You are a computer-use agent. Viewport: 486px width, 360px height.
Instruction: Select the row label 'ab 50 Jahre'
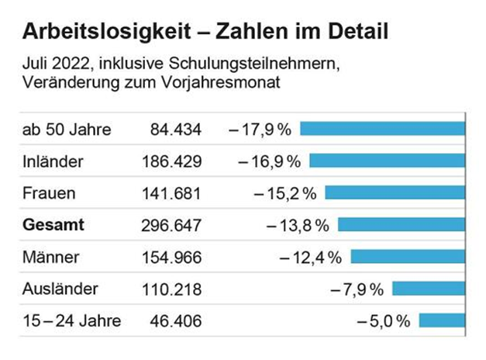67,129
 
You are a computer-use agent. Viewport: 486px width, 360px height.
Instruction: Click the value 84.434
172,129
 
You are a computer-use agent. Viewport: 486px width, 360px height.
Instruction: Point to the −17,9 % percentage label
260,129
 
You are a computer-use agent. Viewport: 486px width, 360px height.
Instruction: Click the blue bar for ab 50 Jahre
382,129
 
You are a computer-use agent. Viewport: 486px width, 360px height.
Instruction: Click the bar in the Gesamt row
402,225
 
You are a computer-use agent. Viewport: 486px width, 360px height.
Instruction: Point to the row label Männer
51,257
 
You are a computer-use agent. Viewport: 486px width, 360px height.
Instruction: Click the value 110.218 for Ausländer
172,289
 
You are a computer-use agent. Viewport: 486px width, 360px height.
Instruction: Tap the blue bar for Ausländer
429,289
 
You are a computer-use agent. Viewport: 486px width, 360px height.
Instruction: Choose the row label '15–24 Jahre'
67,321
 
